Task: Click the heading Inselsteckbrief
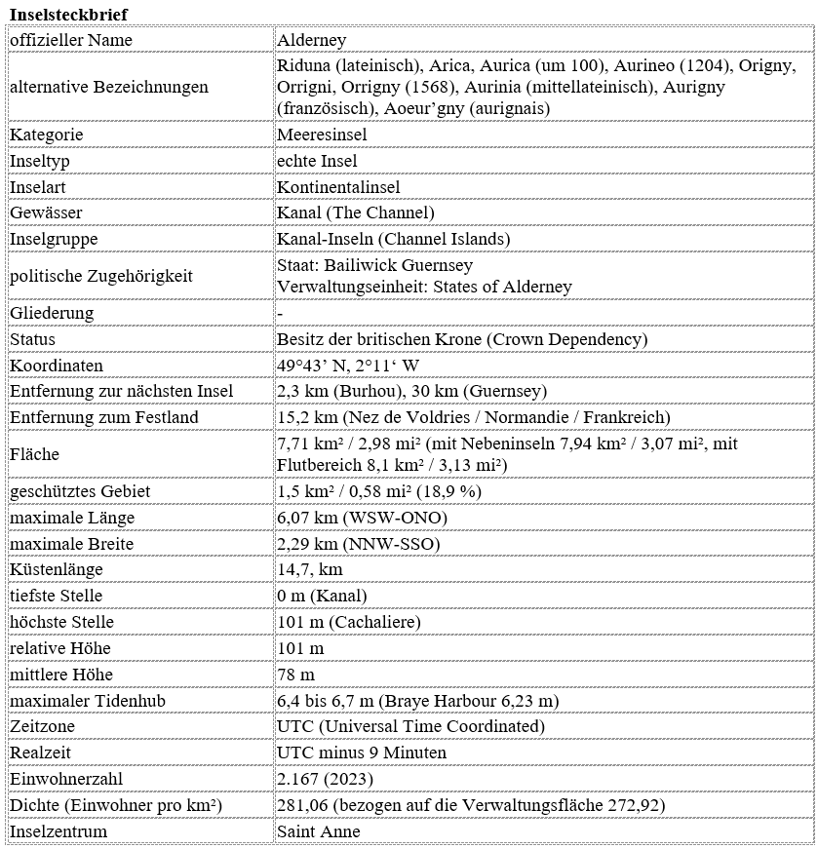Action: coord(67,14)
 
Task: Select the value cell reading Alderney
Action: coord(312,40)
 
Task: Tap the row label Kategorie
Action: coord(46,135)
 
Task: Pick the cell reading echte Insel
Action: coord(317,161)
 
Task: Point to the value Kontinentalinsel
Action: coord(338,187)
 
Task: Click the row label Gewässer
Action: coord(46,212)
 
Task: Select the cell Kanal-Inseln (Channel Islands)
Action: coord(394,239)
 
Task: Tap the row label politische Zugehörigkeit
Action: coord(101,276)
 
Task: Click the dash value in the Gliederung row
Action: coord(281,313)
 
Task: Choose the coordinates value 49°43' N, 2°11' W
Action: coord(349,366)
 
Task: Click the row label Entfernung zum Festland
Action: coord(104,417)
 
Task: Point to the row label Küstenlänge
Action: coord(56,569)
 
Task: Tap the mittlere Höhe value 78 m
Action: coord(296,675)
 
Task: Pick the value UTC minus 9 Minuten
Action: coord(362,753)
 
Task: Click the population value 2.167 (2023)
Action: coord(324,779)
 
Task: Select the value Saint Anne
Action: coord(319,831)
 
